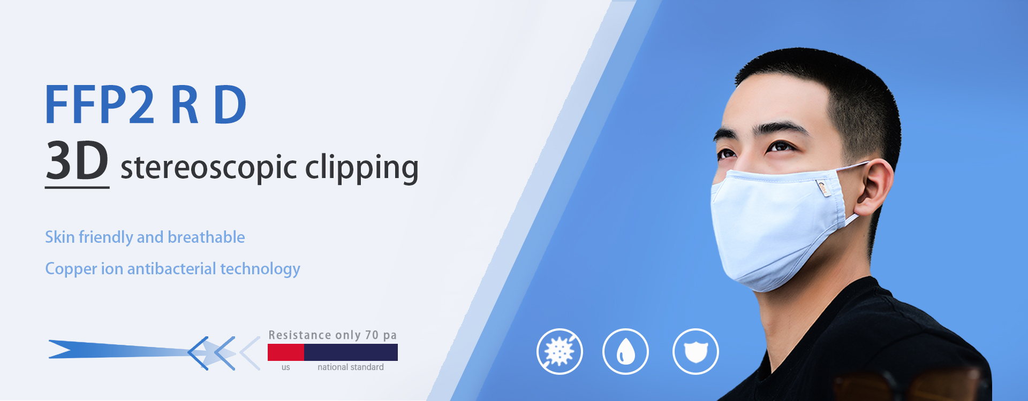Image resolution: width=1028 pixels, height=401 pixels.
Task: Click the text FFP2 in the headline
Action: pyautogui.click(x=100, y=105)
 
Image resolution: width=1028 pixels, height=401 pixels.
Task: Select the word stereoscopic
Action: pyautogui.click(x=209, y=168)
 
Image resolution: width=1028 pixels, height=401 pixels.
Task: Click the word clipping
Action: pyautogui.click(x=362, y=168)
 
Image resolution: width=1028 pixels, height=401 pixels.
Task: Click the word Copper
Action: pyautogui.click(x=71, y=269)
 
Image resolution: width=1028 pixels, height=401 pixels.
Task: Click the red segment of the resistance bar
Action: pyautogui.click(x=286, y=352)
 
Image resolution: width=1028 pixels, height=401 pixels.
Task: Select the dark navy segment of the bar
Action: pyautogui.click(x=351, y=352)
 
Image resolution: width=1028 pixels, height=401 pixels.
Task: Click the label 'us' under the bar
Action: pyautogui.click(x=286, y=367)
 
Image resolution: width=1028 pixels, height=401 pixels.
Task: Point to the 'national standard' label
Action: pyautogui.click(x=351, y=367)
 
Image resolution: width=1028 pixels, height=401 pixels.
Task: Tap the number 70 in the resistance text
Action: pyautogui.click(x=372, y=335)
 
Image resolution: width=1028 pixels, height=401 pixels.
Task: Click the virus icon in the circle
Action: pyautogui.click(x=560, y=351)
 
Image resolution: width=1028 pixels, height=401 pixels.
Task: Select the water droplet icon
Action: pyautogui.click(x=625, y=351)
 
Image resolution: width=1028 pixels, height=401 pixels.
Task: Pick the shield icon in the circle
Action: pyautogui.click(x=696, y=351)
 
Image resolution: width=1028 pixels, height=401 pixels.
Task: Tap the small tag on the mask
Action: pyautogui.click(x=822, y=188)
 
